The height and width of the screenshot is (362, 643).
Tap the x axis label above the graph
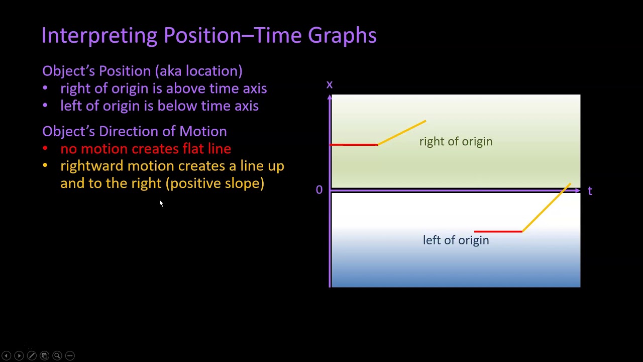coord(330,84)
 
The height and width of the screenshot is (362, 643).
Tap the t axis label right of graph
coord(590,191)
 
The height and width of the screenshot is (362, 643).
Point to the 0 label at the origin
coord(319,190)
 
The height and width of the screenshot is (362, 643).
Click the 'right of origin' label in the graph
coord(456,142)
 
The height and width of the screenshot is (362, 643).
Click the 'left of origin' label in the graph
coord(456,240)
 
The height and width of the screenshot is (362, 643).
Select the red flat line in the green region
coord(354,145)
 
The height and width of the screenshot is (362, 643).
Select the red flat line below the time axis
coord(498,232)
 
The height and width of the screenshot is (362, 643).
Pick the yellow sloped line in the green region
coord(402,133)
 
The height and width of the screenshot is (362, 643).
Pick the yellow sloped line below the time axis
coord(546,208)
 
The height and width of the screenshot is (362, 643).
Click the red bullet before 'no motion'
coord(45,149)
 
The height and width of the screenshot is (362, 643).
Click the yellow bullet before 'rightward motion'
coord(45,166)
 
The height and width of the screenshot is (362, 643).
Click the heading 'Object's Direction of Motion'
coord(134,131)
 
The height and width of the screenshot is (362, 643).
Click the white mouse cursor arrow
coord(161,203)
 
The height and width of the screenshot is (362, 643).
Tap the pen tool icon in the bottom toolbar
coord(32,355)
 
